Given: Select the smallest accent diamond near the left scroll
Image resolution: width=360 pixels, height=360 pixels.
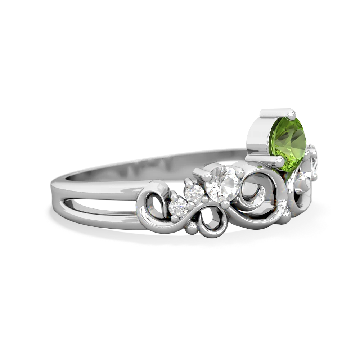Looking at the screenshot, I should coord(179,207).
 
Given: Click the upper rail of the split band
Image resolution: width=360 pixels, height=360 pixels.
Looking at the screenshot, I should coord(97,190).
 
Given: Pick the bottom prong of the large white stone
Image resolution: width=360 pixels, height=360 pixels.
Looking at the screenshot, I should coord(225,204).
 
